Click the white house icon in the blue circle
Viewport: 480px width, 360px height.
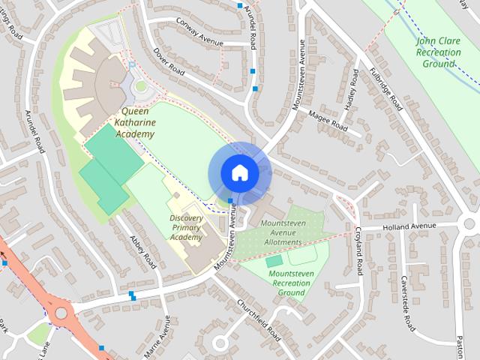[x=239, y=173]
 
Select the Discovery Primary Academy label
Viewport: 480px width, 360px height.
[x=186, y=227]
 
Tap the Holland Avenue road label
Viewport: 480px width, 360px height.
[x=409, y=226]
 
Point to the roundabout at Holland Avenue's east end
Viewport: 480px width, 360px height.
[x=471, y=223]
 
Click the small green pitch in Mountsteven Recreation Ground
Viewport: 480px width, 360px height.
[x=274, y=260]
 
